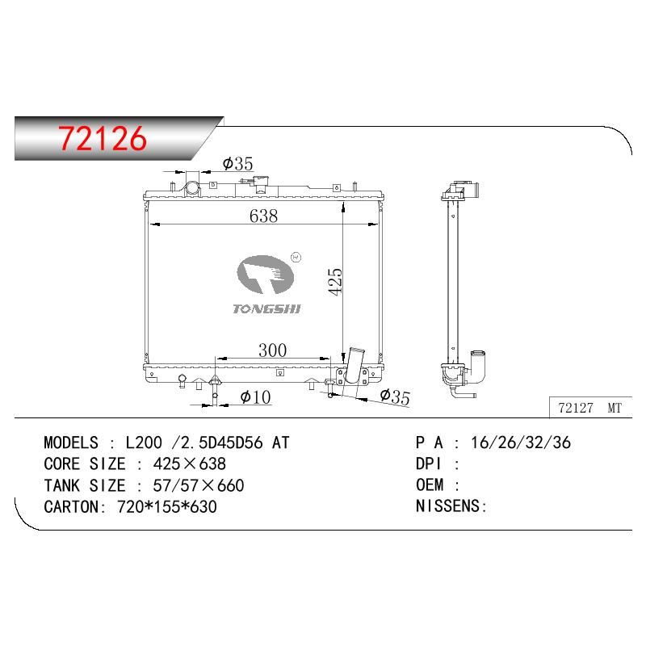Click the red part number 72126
(103, 138)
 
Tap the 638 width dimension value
(264, 216)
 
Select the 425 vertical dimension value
(335, 282)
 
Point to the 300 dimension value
(273, 350)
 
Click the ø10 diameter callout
(255, 397)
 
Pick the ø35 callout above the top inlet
(237, 164)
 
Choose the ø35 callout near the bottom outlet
(395, 396)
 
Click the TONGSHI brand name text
(266, 309)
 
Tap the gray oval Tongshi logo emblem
(266, 274)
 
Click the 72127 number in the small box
(576, 408)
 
